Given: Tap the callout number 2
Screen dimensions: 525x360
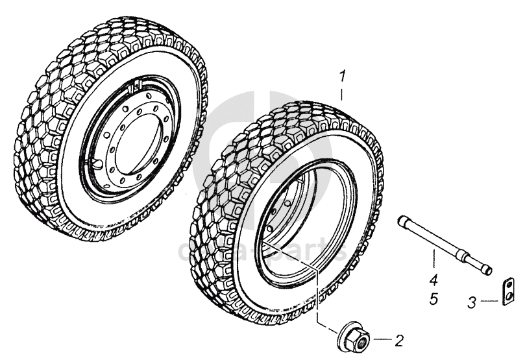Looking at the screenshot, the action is point(399,339).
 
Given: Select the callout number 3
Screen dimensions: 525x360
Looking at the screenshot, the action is point(473,302).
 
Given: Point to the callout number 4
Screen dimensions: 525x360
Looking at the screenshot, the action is point(433,280).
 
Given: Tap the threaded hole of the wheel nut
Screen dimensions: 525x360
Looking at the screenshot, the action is point(361,338).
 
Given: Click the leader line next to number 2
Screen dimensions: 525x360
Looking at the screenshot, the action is point(382,339).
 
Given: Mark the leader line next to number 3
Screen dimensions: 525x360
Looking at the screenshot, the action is point(491,301).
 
